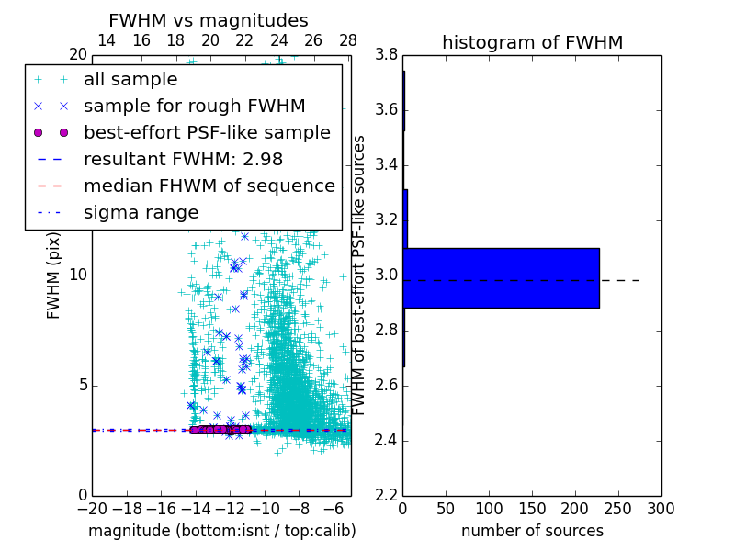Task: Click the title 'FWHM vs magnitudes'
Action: pos(209,20)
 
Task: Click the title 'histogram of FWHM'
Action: pos(532,42)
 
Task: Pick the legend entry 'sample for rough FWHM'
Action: pos(194,107)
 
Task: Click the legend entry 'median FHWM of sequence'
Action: pos(209,186)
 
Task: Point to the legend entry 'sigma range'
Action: pos(141,213)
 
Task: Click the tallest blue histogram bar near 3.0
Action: pos(501,277)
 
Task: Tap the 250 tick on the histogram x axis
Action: pos(618,508)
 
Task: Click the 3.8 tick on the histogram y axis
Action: pos(386,55)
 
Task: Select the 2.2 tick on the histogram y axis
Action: pos(386,495)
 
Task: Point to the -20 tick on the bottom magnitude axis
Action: pos(92,508)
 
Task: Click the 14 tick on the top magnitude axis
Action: pos(107,40)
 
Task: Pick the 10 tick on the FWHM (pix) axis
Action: pos(78,275)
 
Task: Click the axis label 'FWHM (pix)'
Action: pos(54,275)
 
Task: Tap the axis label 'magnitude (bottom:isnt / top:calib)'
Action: pos(221,531)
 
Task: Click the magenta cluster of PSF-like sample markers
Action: pos(220,429)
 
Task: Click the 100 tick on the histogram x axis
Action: pos(489,508)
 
